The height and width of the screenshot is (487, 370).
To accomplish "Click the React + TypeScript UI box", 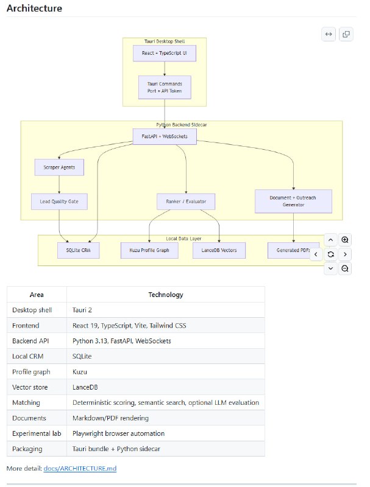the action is click(x=165, y=53).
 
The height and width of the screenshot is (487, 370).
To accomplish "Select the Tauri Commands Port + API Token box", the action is click(x=165, y=87).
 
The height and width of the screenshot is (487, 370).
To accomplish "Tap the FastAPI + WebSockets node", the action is click(x=165, y=136).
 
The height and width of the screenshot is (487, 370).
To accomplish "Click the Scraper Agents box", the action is click(x=59, y=167).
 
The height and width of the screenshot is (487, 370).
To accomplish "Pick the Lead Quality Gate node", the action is click(x=59, y=201).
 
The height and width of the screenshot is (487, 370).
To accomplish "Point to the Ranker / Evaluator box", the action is click(x=186, y=201).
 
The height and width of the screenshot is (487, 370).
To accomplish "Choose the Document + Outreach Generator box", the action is click(x=293, y=201).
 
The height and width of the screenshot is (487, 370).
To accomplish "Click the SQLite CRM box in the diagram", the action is click(x=79, y=250).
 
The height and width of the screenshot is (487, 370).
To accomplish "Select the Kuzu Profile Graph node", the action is click(x=149, y=250).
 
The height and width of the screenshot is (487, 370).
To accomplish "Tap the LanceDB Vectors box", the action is click(x=219, y=250).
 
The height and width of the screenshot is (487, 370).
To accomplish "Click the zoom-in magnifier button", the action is click(x=345, y=240).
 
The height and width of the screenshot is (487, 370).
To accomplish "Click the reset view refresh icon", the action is click(x=330, y=254).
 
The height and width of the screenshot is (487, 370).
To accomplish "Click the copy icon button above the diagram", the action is click(x=346, y=34).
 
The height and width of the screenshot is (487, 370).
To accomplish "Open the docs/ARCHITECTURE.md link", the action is click(x=80, y=468).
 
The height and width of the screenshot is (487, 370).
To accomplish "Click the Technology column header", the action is click(x=166, y=295).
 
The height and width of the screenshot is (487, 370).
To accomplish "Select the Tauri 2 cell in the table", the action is click(x=82, y=310).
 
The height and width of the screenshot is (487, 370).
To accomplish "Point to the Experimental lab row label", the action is click(x=37, y=433).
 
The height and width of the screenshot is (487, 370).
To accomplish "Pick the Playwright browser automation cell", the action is click(x=118, y=433).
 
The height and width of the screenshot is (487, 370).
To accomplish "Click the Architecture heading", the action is click(x=34, y=8).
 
